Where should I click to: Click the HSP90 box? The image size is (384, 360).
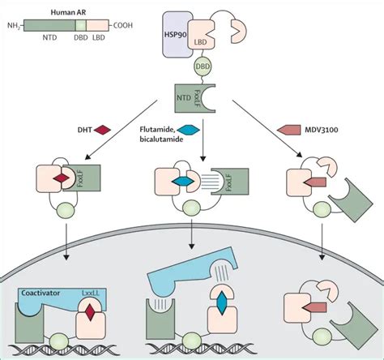(176, 34)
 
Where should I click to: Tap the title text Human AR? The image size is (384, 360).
(68, 12)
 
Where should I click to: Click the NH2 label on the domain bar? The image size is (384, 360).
(14, 26)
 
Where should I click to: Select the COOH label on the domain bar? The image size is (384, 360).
(123, 25)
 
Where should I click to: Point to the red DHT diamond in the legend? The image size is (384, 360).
(102, 130)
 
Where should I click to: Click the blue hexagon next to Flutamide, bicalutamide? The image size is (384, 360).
(188, 130)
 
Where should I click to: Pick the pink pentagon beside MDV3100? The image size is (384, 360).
(288, 130)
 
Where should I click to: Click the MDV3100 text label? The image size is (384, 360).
(322, 130)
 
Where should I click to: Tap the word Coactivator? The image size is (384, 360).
(41, 293)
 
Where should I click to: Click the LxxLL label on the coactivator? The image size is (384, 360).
(91, 293)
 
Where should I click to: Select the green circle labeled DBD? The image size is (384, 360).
(203, 66)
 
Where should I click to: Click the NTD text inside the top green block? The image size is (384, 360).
(184, 97)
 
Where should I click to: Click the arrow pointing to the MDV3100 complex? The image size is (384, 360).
(267, 129)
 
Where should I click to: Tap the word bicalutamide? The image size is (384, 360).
(161, 139)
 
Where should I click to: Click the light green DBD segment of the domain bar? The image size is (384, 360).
(80, 25)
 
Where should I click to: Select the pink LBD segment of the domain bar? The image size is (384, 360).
(97, 25)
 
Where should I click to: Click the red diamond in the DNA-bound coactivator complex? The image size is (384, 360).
(91, 312)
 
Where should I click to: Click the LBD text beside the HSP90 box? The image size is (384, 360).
(200, 42)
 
